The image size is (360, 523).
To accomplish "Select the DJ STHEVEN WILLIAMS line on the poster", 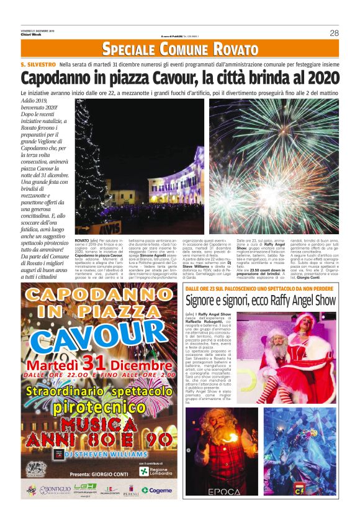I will pyautogui.click(x=104, y=454).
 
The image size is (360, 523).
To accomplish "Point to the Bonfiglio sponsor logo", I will pyautogui.click(x=55, y=489).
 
